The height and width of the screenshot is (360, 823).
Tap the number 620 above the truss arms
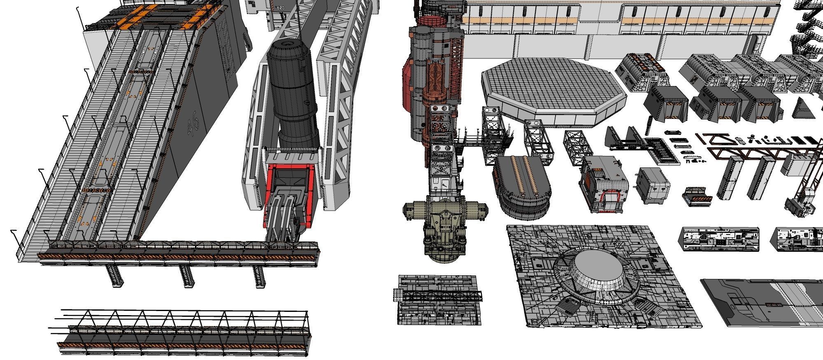tap(281, 8)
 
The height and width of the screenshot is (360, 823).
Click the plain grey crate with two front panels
tap(653, 186)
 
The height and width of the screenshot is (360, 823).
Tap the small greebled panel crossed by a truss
tap(438, 300)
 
